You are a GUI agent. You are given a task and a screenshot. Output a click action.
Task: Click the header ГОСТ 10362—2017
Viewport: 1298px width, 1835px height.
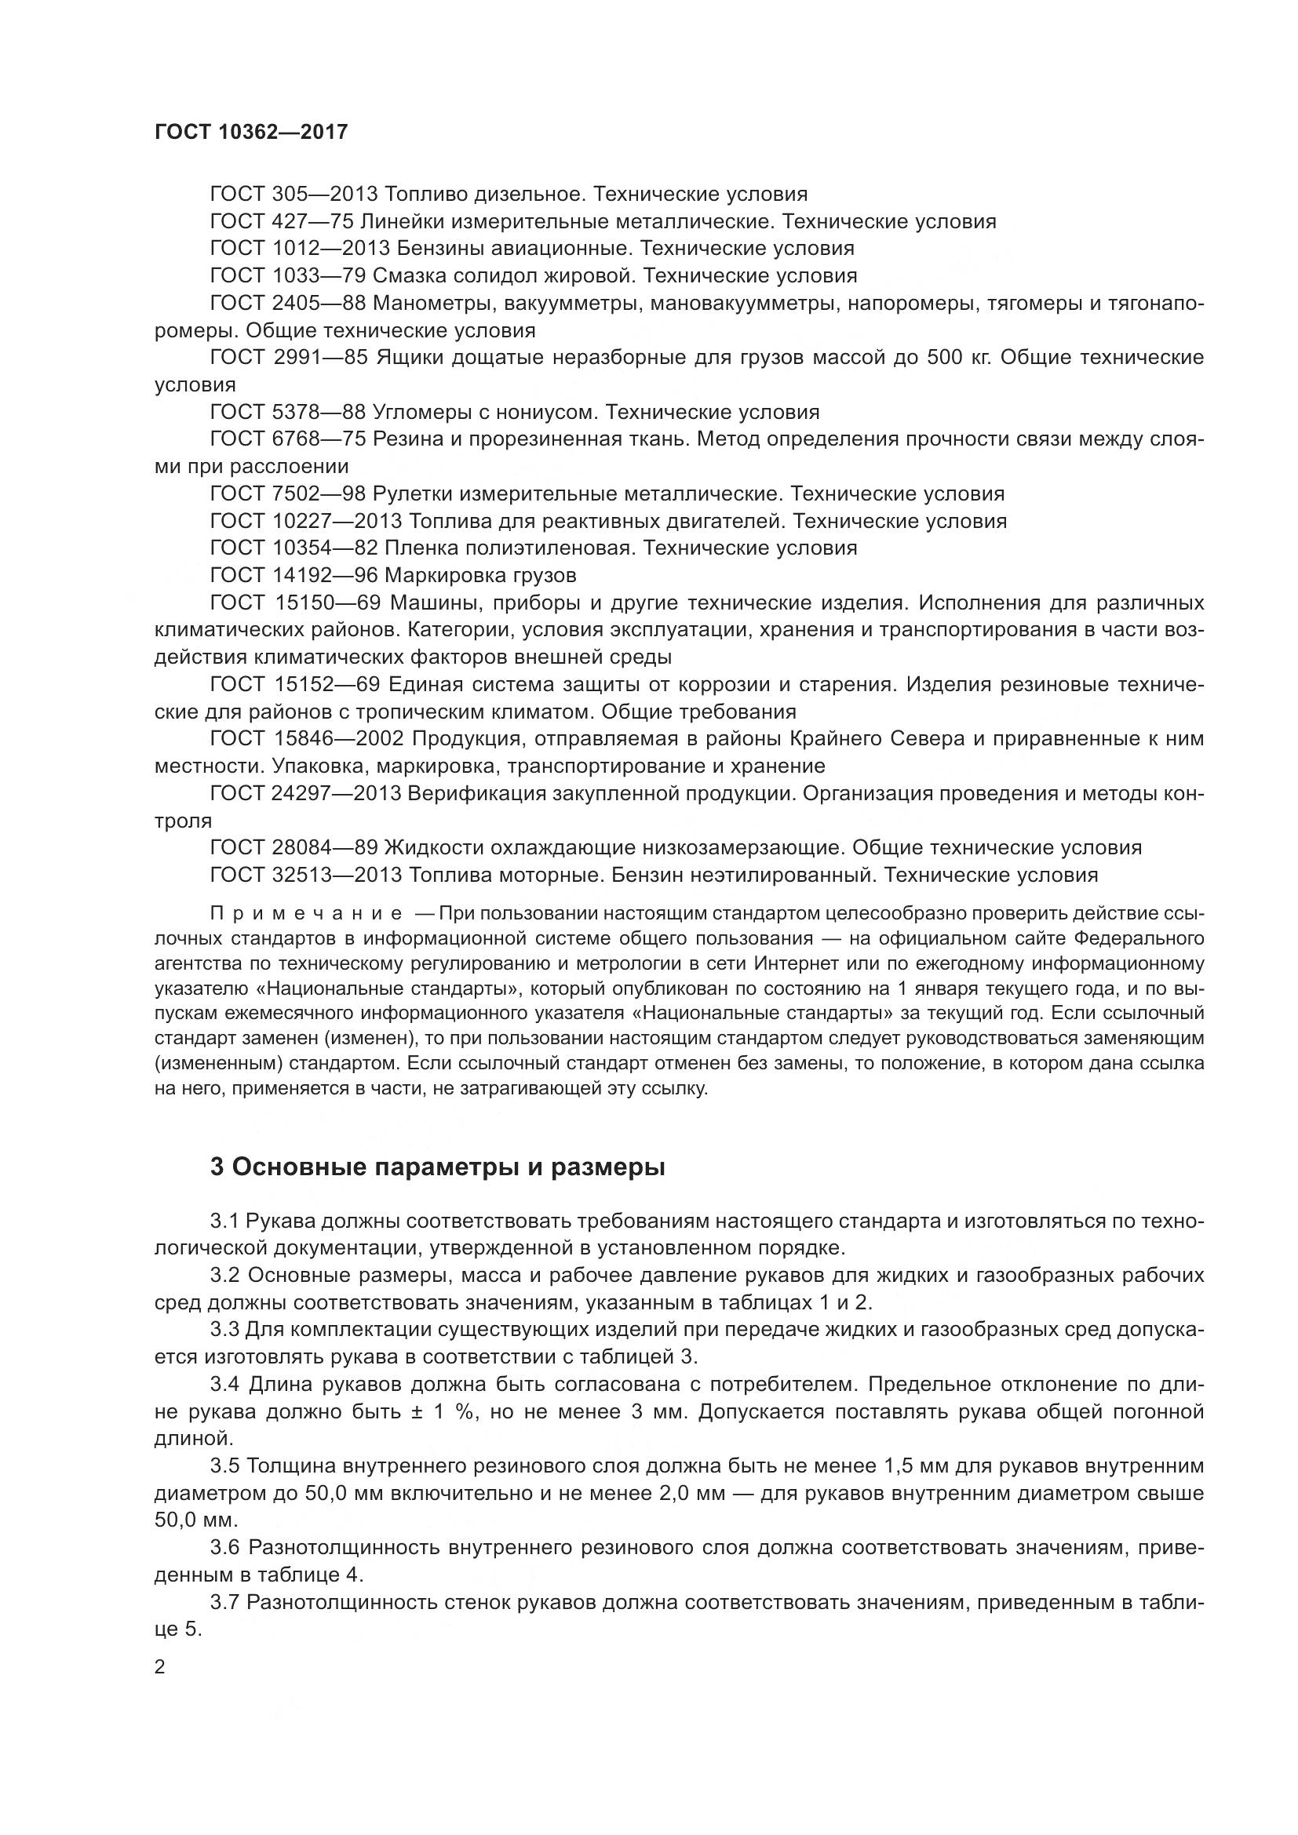pos(251,132)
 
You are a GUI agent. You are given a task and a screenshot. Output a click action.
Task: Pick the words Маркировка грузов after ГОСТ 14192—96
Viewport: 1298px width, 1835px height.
pos(480,575)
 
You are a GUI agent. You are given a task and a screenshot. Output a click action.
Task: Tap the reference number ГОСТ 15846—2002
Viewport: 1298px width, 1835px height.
pos(307,738)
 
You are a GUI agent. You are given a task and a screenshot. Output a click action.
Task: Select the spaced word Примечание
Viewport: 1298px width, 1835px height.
pos(306,913)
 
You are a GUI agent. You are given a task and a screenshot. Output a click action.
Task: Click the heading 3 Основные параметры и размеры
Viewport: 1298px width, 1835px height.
pos(438,1167)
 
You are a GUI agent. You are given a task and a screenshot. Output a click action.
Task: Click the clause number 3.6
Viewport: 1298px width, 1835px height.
pos(224,1548)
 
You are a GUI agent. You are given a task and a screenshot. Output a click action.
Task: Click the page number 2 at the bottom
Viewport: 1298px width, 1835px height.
pos(160,1667)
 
